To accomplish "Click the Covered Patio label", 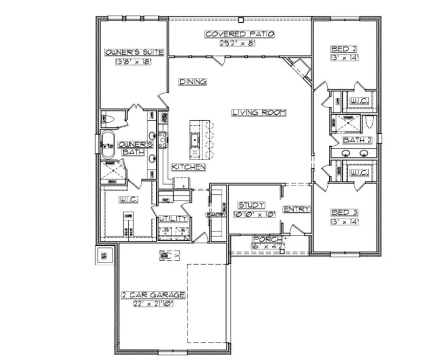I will tap(240, 34).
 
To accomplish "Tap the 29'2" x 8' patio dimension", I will tap(240, 43).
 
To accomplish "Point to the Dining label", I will tap(193, 82).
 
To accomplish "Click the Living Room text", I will tap(259, 113).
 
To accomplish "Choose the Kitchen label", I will tap(189, 167).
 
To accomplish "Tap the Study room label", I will tap(251, 205).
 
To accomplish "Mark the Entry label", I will tap(296, 210).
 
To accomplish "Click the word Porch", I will tap(264, 239).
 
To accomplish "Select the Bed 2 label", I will tap(344, 49).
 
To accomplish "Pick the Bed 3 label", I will tap(344, 213).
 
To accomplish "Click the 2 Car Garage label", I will tap(153, 295).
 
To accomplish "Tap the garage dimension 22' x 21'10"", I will tap(153, 304).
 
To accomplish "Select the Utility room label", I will tap(173, 219).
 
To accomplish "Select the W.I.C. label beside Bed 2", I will tap(359, 101).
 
